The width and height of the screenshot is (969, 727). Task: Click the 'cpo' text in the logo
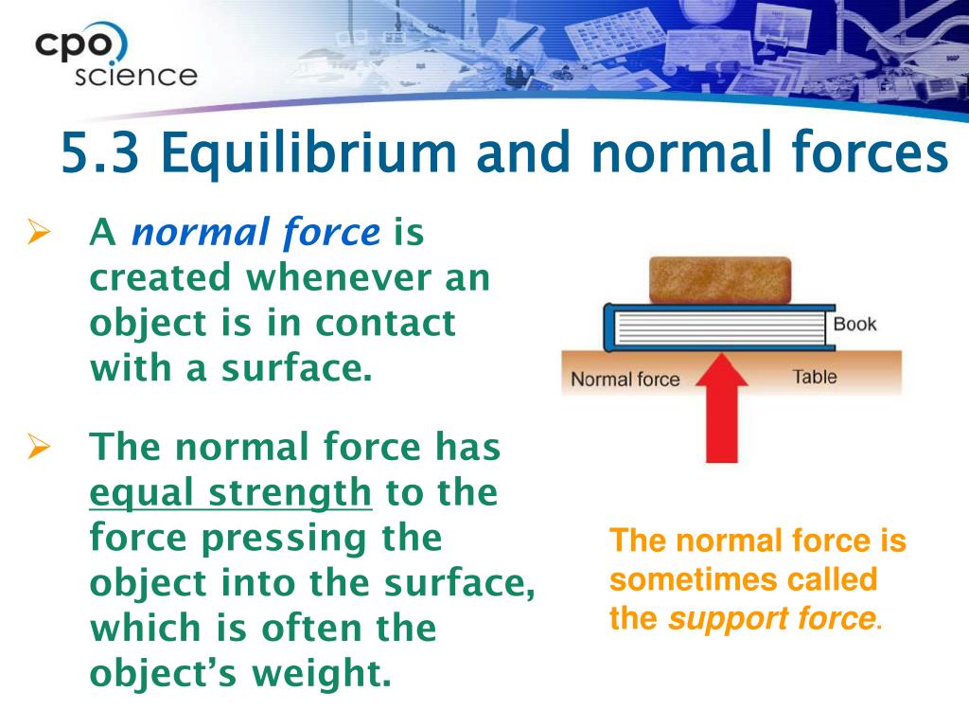74,45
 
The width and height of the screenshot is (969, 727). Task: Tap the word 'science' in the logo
136,76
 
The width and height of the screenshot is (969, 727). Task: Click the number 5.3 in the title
100,152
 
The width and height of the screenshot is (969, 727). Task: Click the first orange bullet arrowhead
39,233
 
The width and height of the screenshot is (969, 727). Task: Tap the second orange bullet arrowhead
39,447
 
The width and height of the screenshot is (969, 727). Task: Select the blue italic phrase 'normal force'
256,233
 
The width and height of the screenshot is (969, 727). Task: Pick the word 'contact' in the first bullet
386,323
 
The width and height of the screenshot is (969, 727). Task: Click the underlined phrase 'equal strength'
231,492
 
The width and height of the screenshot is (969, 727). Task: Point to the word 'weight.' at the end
322,673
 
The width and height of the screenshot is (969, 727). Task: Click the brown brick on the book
720,280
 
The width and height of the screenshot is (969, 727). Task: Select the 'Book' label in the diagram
854,324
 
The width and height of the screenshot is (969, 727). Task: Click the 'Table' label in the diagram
815,377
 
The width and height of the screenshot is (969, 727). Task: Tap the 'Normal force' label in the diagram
625,379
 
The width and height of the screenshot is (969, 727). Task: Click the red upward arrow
722,407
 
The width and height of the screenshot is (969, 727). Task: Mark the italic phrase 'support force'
772,619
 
